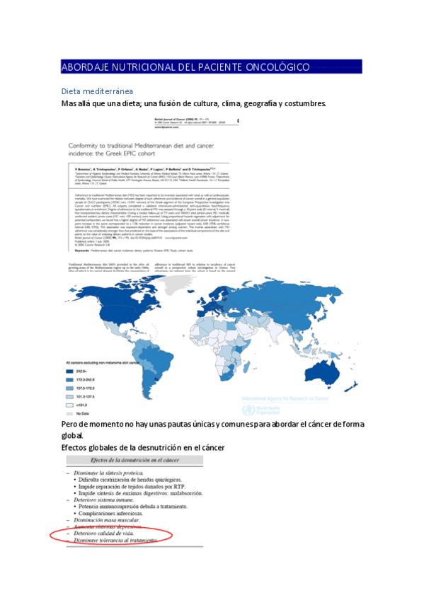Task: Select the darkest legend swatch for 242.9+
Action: pos(69,370)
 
